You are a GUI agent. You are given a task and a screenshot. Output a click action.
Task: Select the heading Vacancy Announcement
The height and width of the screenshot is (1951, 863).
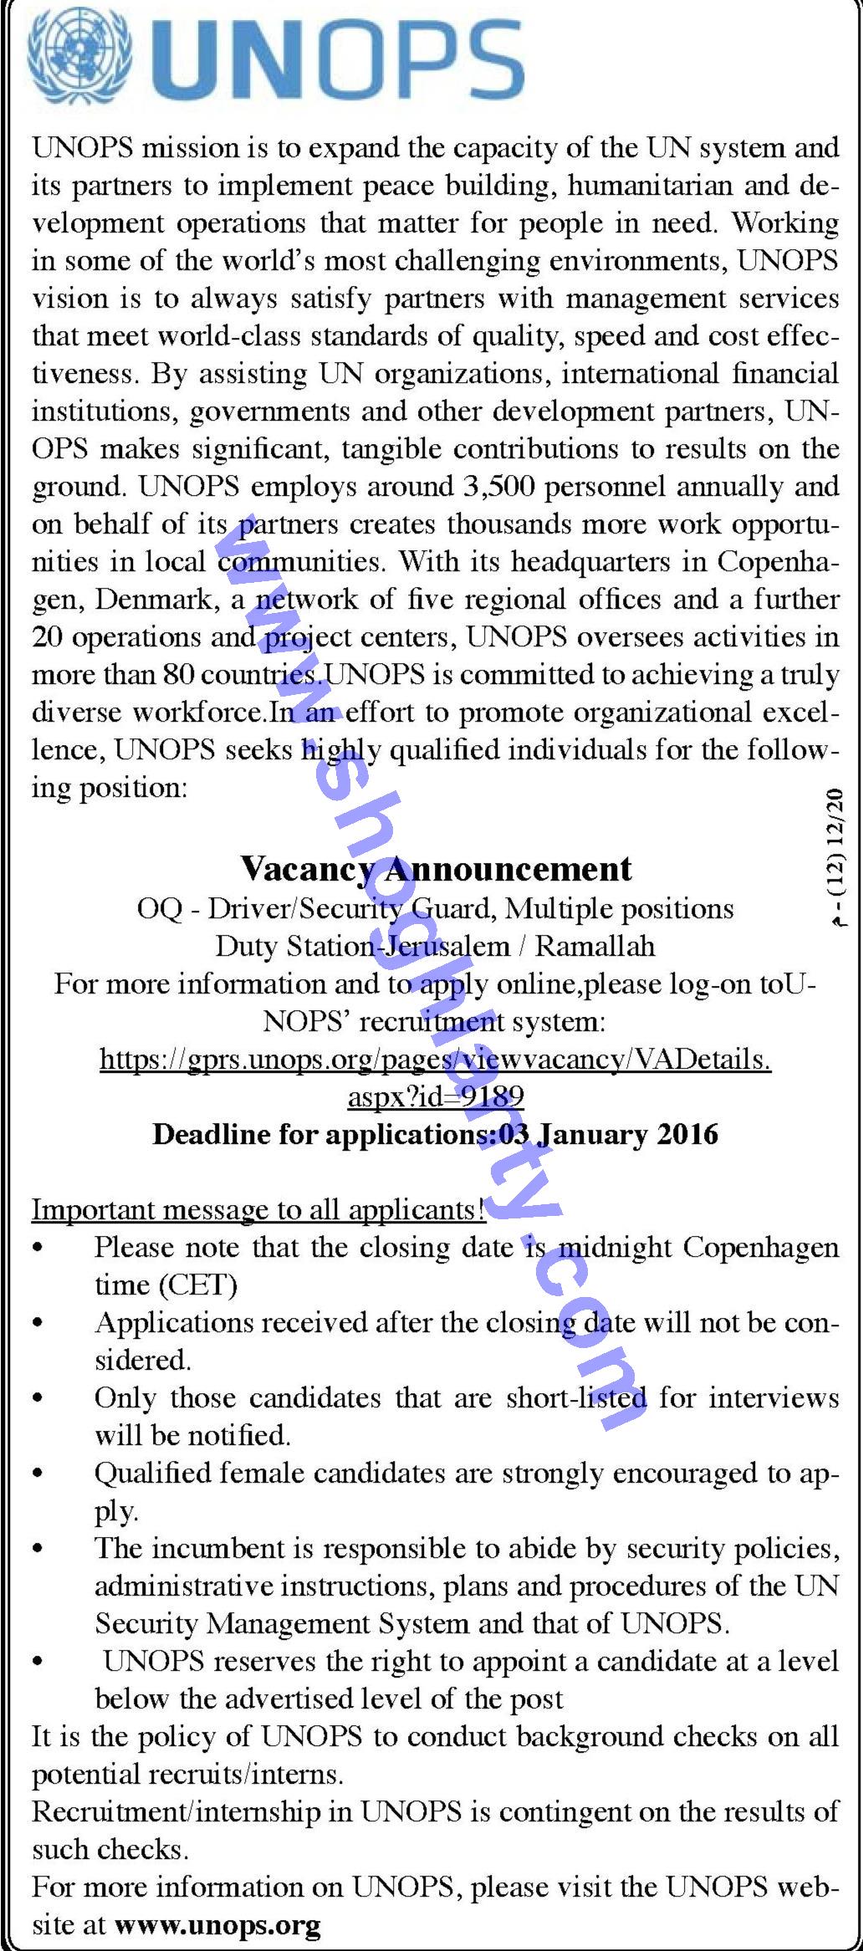click(436, 868)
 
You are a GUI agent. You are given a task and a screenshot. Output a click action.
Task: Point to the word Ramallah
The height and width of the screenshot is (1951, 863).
click(595, 946)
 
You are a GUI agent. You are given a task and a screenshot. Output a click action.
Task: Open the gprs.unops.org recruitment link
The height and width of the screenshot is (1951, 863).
click(435, 1060)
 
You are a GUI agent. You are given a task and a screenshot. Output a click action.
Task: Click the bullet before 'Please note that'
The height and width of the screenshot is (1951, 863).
click(38, 1249)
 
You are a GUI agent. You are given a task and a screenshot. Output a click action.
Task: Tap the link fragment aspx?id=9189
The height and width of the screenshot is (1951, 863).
click(436, 1097)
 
